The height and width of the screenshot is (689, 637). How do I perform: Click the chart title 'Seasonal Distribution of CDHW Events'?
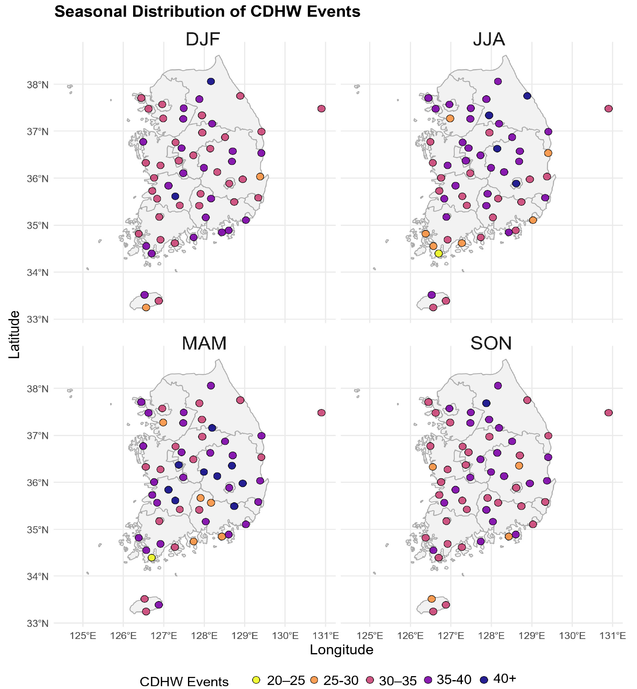pos(207,12)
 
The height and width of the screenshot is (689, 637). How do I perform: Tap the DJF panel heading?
pos(203,40)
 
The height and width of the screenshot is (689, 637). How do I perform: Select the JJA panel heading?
pos(489,40)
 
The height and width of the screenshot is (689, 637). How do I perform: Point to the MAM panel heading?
pos(204,343)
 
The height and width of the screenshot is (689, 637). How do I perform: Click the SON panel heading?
pos(491,343)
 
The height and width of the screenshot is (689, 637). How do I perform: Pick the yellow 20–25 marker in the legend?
pos(256,680)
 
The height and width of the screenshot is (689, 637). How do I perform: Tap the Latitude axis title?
pos(15,334)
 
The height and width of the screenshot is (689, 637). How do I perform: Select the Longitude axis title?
pos(341,649)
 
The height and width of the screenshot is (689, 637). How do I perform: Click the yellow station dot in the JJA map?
pos(439,253)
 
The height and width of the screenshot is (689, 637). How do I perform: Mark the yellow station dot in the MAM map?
pos(152,557)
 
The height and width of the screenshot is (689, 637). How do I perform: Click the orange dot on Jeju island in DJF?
pos(146,307)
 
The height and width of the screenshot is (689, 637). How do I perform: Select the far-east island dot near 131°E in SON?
pos(608,413)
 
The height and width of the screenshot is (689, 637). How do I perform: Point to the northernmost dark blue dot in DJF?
pos(211,81)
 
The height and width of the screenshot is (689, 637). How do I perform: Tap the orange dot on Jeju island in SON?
pos(432,599)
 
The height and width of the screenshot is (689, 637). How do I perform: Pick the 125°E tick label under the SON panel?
pos(370,636)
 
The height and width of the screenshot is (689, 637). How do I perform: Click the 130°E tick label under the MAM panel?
pos(285,636)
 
